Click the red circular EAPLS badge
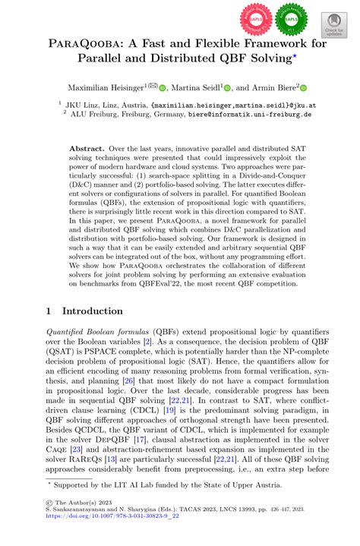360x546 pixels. tap(256, 17)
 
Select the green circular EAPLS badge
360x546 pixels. tap(292, 17)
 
